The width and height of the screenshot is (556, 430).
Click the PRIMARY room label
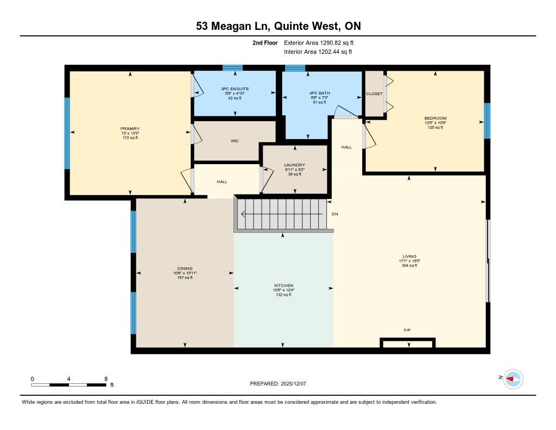[x=130, y=128]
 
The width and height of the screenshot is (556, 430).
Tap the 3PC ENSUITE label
[x=235, y=89]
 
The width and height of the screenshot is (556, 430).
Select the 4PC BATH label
[x=319, y=93]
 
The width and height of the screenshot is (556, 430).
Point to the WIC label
[x=235, y=141]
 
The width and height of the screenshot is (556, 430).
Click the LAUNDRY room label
[x=294, y=165]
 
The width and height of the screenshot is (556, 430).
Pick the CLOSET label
[x=374, y=94]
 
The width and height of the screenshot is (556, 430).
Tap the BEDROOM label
[x=435, y=119]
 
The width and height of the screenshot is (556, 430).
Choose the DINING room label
[x=185, y=269]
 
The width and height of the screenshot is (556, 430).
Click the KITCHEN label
[x=283, y=285]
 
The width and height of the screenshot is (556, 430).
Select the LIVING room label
[x=409, y=257]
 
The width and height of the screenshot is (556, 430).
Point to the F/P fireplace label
[x=407, y=330]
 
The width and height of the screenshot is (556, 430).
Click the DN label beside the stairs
[x=334, y=214]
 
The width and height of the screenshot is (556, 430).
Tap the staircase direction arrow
[x=282, y=214]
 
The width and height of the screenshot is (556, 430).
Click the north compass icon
[x=513, y=379]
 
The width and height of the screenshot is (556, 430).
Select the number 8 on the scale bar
[x=106, y=379]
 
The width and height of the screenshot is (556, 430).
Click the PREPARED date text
[x=278, y=383]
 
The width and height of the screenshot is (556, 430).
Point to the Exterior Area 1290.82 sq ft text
[x=319, y=42]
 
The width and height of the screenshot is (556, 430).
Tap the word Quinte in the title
[x=292, y=26]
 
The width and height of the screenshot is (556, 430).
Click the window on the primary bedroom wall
[x=67, y=133]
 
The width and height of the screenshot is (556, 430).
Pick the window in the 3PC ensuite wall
[x=232, y=68]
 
